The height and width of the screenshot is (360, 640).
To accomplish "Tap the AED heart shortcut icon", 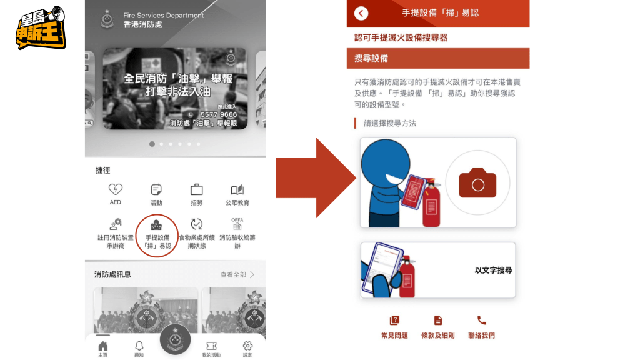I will click(x=116, y=189).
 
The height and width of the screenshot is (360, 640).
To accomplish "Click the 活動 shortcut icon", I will click(x=156, y=189).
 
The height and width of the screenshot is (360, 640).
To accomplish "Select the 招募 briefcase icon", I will click(x=196, y=189).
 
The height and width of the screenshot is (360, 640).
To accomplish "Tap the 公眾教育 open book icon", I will click(x=237, y=189).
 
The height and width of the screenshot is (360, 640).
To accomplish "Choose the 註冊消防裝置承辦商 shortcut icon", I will click(x=116, y=224).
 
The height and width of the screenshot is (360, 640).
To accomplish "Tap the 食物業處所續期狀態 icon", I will click(x=196, y=224).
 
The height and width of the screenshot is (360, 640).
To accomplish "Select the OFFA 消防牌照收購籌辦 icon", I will click(x=237, y=223).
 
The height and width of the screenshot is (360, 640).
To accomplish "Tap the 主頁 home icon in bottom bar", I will click(x=103, y=346).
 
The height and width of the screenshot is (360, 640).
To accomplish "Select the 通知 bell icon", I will click(x=139, y=346).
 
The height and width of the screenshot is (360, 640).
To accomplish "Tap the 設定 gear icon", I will click(x=247, y=346).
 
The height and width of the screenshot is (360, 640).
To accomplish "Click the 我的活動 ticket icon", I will click(x=211, y=346).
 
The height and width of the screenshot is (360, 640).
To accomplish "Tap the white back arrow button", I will click(x=361, y=13).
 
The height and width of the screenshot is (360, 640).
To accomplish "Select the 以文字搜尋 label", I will click(x=493, y=271).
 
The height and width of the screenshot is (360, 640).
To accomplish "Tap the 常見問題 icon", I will click(x=394, y=321).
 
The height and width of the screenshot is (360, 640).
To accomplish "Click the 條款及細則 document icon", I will click(x=438, y=321).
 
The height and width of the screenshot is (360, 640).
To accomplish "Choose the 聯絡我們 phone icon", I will click(x=481, y=321).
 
